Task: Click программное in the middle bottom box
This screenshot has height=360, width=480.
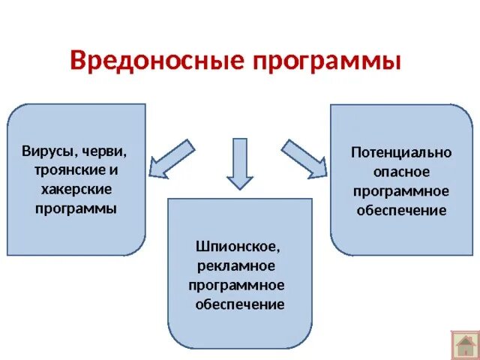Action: (236, 285)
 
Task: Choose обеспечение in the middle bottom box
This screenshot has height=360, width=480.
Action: (239, 304)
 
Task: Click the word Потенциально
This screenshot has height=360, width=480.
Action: (401, 152)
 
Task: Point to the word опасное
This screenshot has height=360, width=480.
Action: (401, 172)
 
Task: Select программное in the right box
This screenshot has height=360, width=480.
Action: (401, 191)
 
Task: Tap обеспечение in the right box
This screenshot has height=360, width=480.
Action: (401, 211)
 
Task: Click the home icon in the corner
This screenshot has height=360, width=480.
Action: (464, 344)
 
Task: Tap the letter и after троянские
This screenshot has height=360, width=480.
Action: (115, 170)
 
